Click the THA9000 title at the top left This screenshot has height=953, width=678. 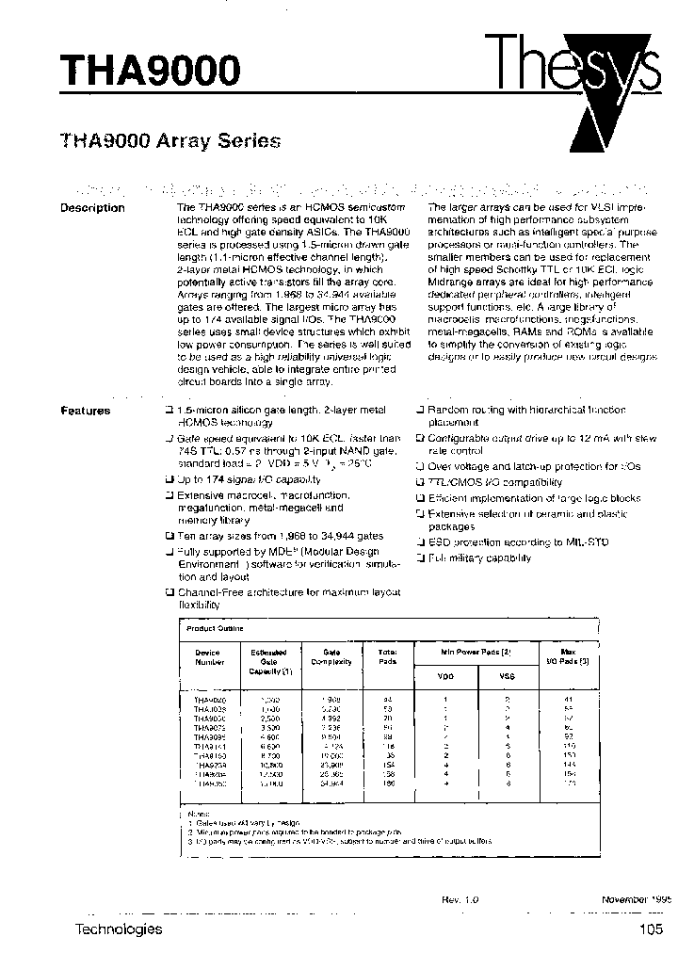click(x=151, y=69)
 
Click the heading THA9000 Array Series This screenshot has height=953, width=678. click(x=170, y=142)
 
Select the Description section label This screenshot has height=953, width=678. click(x=92, y=208)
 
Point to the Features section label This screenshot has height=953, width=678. click(x=86, y=411)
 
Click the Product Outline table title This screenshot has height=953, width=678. click(x=215, y=628)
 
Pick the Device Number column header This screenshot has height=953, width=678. click(x=207, y=656)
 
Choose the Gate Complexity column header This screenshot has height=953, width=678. click(x=331, y=656)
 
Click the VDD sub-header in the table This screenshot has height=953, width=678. click(x=445, y=674)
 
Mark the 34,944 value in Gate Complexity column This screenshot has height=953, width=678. click(x=331, y=782)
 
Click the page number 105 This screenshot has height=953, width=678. click(x=649, y=929)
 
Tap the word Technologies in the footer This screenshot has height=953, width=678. click(x=118, y=929)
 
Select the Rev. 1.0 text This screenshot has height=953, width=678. click(x=460, y=900)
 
